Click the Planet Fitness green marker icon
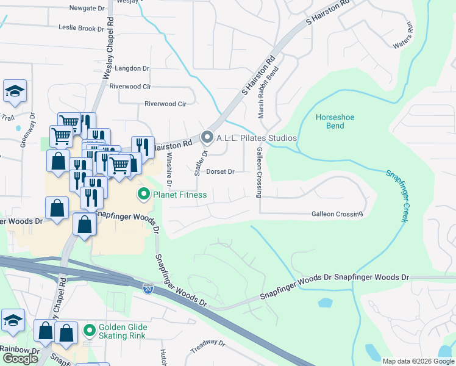click(x=144, y=195)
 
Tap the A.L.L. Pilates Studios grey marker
click(x=207, y=138)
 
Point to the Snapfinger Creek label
click(x=396, y=196)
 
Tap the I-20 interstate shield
click(x=148, y=287)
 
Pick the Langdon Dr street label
click(x=128, y=68)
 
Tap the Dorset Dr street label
click(x=220, y=172)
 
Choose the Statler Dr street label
click(x=197, y=162)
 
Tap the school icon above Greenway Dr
click(x=15, y=91)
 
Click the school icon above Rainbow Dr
click(x=12, y=320)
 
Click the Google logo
click(x=20, y=359)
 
